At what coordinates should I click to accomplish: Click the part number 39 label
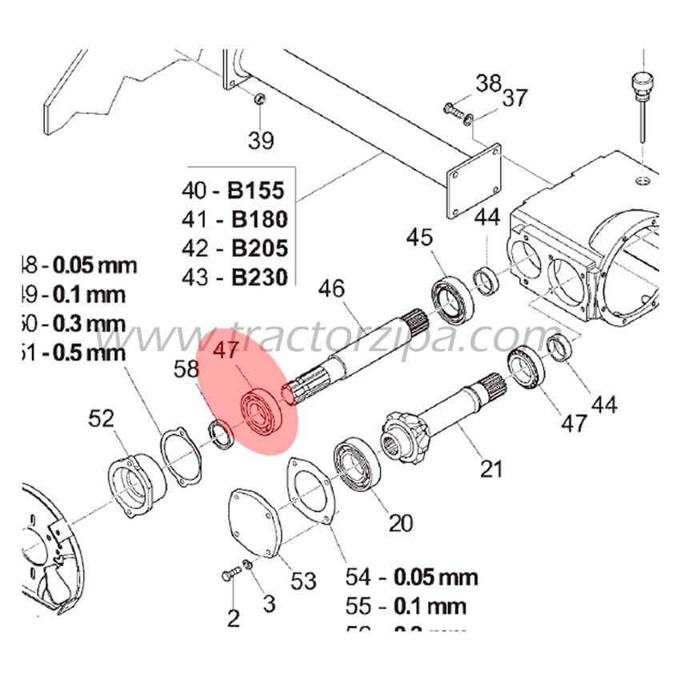261,141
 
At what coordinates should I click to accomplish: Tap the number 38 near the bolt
488,82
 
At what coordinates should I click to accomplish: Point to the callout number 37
515,98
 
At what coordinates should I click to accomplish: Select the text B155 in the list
257,191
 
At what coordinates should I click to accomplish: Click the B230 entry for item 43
257,278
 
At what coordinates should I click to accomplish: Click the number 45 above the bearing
420,237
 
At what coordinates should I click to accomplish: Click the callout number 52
102,418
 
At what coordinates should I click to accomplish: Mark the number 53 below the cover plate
303,581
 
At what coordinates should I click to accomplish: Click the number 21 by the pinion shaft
492,467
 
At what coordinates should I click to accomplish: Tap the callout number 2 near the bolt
233,617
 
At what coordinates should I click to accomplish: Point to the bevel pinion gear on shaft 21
409,437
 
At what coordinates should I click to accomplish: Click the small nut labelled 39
259,99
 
